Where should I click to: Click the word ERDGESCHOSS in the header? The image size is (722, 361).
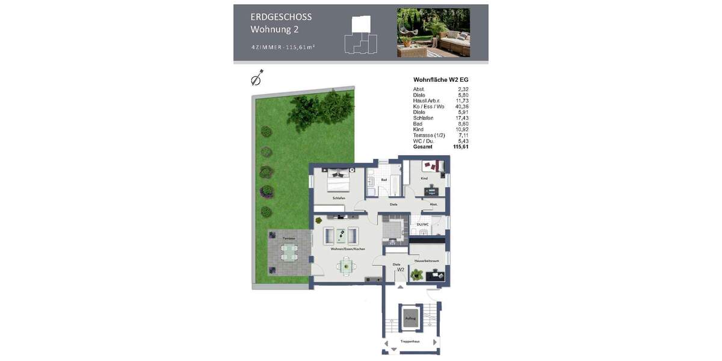click(x=281, y=17)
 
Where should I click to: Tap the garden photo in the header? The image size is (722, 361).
click(x=433, y=32)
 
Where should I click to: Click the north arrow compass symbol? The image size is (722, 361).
click(x=258, y=78)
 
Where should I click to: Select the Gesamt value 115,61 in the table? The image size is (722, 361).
click(x=461, y=146)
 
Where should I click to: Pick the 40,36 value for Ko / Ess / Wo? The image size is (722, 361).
click(x=461, y=106)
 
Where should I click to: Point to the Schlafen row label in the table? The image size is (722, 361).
click(x=423, y=118)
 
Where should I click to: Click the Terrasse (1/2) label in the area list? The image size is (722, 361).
click(x=429, y=135)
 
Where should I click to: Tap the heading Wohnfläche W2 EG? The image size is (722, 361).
click(x=440, y=79)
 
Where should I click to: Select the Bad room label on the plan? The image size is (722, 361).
click(x=384, y=180)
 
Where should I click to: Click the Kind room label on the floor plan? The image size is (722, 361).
click(x=424, y=179)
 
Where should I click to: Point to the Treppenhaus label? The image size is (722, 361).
click(x=411, y=341)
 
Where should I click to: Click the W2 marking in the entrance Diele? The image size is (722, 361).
click(x=400, y=270)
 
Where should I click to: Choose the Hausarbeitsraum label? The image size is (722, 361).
click(x=427, y=261)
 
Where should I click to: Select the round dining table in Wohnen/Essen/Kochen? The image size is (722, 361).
click(x=346, y=265)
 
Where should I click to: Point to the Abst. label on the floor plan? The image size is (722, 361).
click(x=433, y=205)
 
